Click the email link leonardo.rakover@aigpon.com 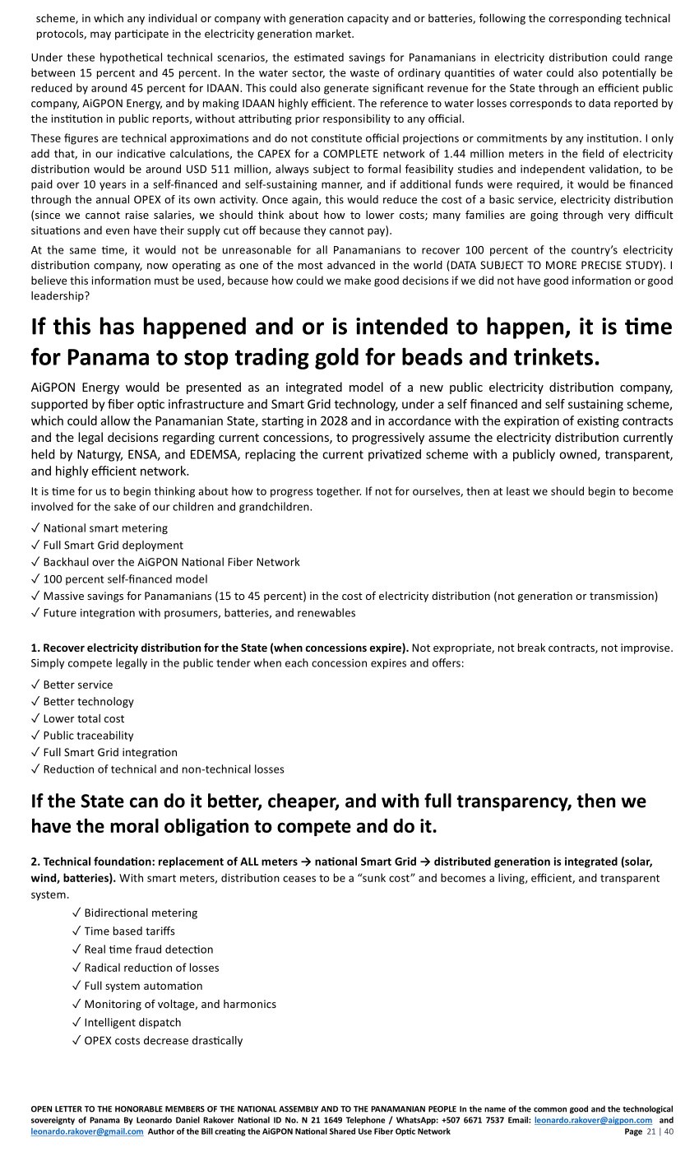(x=593, y=1120)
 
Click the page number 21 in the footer (x=651, y=1131)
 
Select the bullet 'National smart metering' (x=105, y=528)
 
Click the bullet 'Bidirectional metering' (x=141, y=913)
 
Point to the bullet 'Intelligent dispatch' (x=132, y=1022)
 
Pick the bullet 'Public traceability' (x=88, y=736)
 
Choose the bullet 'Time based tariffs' (x=129, y=931)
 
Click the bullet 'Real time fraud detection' (x=148, y=949)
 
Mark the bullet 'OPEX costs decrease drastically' (x=163, y=1040)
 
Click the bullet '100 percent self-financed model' (x=125, y=579)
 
